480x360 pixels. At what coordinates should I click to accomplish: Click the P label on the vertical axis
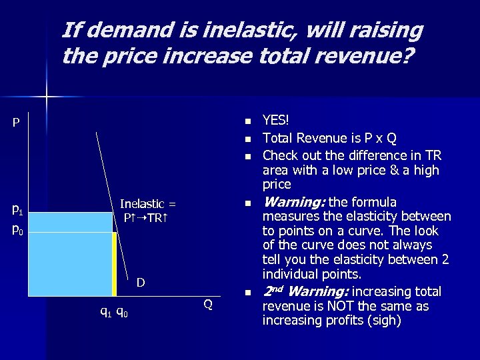[x=15, y=123]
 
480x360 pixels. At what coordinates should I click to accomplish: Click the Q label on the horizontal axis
[x=208, y=305]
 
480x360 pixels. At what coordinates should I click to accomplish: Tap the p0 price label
[x=18, y=231]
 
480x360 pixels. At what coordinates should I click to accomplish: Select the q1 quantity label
[x=105, y=311]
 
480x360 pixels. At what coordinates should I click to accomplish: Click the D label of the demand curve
[x=141, y=283]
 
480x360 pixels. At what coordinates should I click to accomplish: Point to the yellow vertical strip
[x=114, y=263]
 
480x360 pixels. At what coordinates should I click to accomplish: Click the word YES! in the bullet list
[x=276, y=120]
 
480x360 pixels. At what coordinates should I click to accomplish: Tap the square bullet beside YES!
[x=246, y=121]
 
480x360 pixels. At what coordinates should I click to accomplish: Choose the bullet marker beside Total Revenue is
[x=246, y=139]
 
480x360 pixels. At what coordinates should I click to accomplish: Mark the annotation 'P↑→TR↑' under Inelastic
[x=147, y=217]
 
